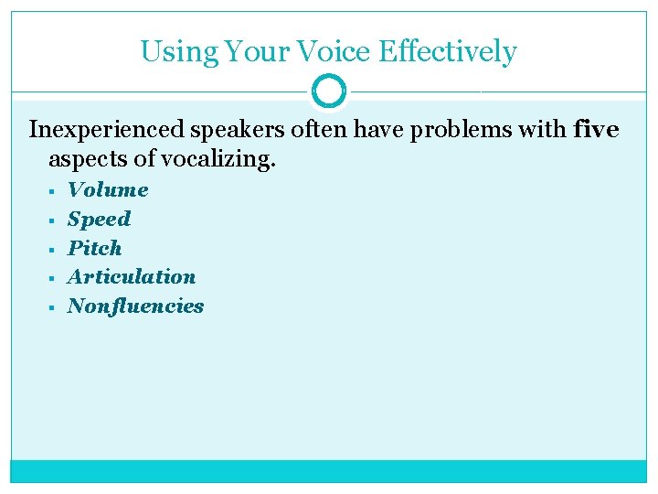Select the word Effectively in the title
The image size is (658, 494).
pyautogui.click(x=447, y=52)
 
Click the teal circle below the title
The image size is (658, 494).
pyautogui.click(x=329, y=91)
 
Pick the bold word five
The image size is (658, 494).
pyautogui.click(x=596, y=131)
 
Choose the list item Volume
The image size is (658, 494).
pyautogui.click(x=108, y=190)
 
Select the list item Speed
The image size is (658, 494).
pyautogui.click(x=99, y=219)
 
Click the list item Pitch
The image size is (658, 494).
pyautogui.click(x=94, y=248)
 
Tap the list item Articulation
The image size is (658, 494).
pyautogui.click(x=132, y=276)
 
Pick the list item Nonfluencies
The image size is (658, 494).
pyautogui.click(x=135, y=306)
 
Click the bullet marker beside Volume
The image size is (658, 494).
pyautogui.click(x=53, y=191)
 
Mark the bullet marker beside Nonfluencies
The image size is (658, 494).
pyautogui.click(x=53, y=306)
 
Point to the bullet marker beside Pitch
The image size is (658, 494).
pyautogui.click(x=53, y=249)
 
